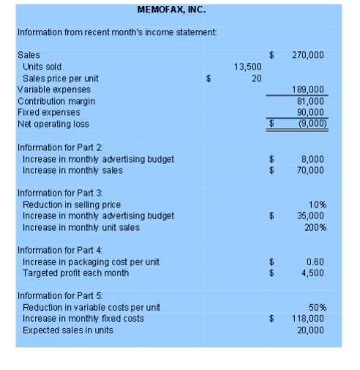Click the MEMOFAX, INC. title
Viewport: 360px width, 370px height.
[171, 10]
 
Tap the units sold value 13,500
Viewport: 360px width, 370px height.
[247, 67]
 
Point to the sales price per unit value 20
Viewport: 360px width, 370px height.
[256, 78]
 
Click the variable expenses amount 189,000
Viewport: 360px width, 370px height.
[308, 89]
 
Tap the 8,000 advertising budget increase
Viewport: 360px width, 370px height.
[312, 159]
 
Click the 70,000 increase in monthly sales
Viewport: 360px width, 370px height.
[311, 170]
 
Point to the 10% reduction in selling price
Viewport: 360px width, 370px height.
[316, 204]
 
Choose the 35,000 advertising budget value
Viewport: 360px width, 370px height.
[311, 215]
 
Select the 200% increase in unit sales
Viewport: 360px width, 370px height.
[314, 227]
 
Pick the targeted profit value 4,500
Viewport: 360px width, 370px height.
[313, 273]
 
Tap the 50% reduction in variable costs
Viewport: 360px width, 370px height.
[316, 307]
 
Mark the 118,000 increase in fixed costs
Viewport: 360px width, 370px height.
[308, 319]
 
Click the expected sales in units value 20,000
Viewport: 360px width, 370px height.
[311, 330]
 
